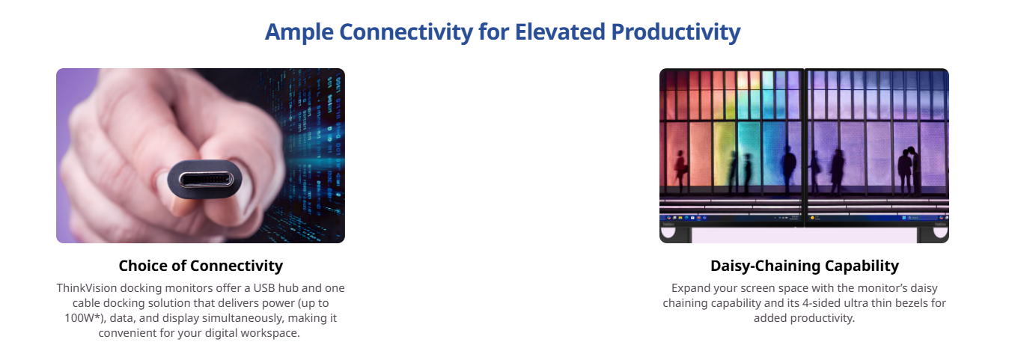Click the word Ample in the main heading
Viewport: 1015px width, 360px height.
click(x=299, y=33)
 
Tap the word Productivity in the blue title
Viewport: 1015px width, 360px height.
click(x=676, y=33)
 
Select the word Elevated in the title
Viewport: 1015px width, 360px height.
click(x=560, y=31)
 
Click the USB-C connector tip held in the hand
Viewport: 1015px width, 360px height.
click(x=205, y=180)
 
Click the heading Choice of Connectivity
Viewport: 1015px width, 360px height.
click(x=201, y=266)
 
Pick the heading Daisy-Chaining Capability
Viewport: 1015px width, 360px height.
click(x=805, y=266)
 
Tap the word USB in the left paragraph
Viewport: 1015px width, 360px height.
click(x=264, y=288)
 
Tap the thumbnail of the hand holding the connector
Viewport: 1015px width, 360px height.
click(x=201, y=156)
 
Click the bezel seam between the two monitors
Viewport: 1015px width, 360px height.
click(x=805, y=147)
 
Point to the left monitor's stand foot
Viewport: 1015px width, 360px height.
click(x=675, y=234)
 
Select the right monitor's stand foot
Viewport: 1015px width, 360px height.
click(x=933, y=234)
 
